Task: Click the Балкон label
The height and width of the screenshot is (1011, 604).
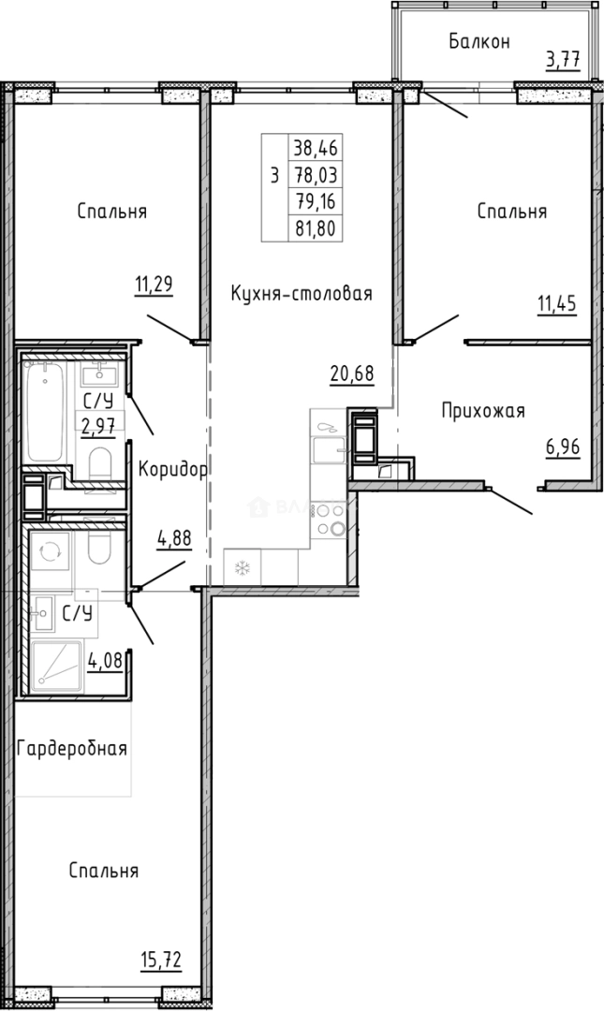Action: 479,41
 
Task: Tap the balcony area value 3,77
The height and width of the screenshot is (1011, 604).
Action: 563,62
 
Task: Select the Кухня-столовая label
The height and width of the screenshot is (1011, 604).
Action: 302,294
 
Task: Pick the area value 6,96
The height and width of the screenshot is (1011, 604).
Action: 563,447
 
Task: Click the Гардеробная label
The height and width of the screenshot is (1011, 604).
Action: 72,748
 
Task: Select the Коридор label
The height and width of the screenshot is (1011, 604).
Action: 171,469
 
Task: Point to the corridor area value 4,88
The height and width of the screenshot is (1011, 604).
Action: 176,540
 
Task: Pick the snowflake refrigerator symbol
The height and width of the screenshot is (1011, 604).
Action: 242,567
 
